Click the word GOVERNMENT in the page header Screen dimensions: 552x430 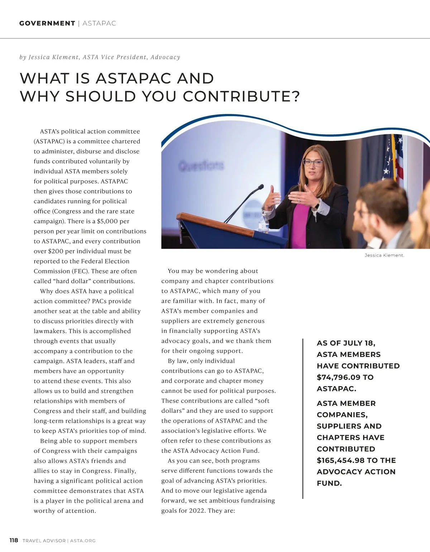pos(47,23)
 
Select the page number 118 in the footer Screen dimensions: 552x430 pos(14,540)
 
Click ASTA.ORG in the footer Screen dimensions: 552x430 pos(83,541)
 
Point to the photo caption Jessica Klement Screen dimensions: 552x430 pos(384,255)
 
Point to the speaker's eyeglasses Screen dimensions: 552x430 pos(312,162)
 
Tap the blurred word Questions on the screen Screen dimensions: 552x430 pos(201,166)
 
